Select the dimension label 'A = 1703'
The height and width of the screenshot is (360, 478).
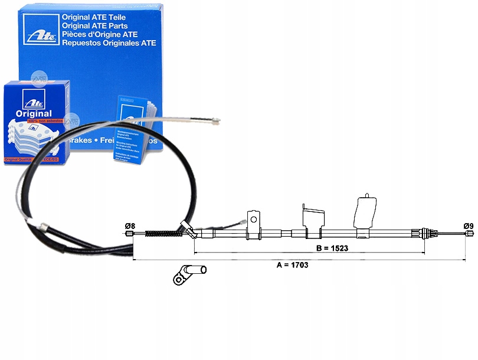292,265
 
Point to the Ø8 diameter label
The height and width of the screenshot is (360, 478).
130,225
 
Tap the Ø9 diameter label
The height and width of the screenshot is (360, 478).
469,225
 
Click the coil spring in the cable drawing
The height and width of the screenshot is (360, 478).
162,233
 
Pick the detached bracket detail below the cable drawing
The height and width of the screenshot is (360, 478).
189,274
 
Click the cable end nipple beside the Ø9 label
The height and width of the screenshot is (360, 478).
469,234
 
